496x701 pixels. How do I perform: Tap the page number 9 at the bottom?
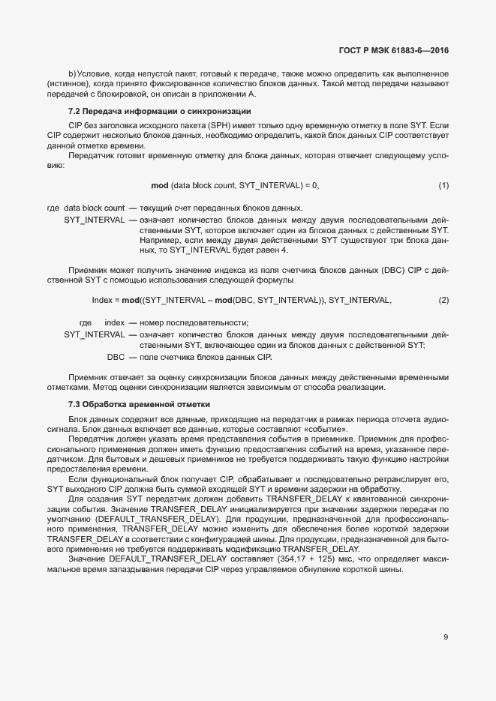tap(446, 637)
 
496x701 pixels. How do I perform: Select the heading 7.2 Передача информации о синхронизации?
tap(159, 111)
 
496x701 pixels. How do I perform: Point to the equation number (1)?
tap(443, 184)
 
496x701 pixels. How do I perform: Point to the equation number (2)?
tap(443, 300)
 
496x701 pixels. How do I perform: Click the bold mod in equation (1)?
tap(160, 184)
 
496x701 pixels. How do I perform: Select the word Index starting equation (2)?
tap(102, 300)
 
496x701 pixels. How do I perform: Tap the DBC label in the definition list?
tap(116, 357)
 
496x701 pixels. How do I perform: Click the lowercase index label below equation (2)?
tap(114, 322)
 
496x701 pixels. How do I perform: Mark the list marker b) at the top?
tap(72, 73)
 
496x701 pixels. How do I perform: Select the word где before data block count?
tap(53, 208)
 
